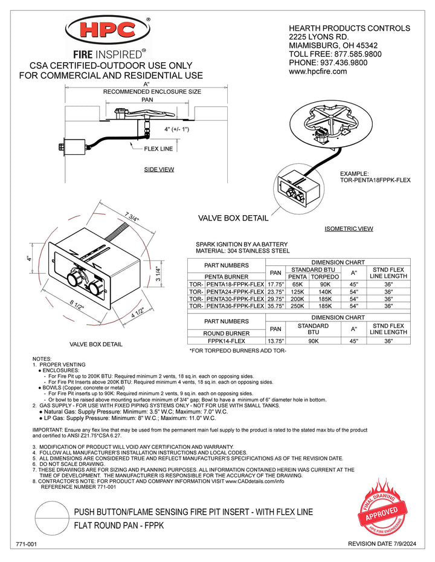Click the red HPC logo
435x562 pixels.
point(108,30)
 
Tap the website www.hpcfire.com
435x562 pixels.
point(318,71)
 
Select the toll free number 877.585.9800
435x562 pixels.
point(358,54)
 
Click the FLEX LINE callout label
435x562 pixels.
point(158,149)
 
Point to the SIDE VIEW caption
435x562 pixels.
point(159,170)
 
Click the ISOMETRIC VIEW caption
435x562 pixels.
point(349,228)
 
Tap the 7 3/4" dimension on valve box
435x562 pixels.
point(132,218)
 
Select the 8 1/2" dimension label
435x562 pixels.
point(77,306)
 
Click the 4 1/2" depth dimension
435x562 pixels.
point(138,312)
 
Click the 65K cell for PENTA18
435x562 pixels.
point(297,284)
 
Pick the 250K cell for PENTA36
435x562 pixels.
point(297,306)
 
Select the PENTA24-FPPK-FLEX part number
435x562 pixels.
point(235,292)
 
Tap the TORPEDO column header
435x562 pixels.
point(324,277)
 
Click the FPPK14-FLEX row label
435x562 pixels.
point(226,341)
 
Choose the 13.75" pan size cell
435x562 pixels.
point(275,341)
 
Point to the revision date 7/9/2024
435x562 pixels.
point(382,544)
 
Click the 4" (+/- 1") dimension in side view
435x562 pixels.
point(176,129)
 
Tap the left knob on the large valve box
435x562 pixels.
point(74,278)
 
